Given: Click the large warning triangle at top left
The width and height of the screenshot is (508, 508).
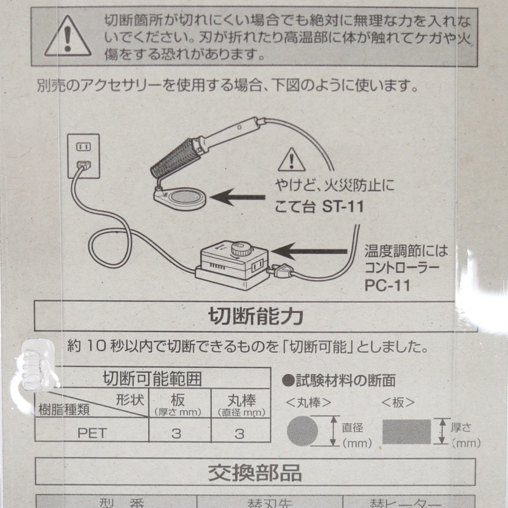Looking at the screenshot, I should [x=67, y=36].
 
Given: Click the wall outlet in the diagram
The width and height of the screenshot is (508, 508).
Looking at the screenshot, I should [x=84, y=157].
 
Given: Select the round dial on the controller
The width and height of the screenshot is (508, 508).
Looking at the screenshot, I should [x=239, y=248].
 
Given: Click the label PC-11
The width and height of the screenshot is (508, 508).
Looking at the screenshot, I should [x=387, y=286].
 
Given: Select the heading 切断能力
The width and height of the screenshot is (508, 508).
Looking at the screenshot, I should [x=255, y=315].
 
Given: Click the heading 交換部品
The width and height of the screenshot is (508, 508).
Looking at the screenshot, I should [x=255, y=472].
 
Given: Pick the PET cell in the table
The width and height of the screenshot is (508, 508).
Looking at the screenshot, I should [x=92, y=434].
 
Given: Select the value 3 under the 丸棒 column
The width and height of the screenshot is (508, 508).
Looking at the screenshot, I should [x=239, y=434].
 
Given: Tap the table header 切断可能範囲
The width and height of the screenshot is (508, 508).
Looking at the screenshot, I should [x=152, y=379].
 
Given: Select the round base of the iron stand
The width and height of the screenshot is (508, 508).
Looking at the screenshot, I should [x=184, y=197].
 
